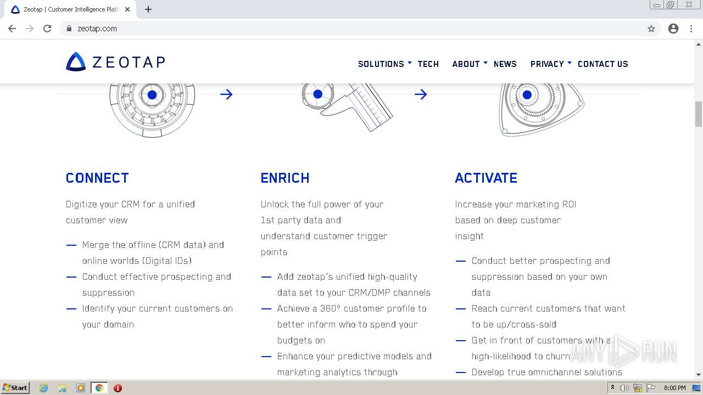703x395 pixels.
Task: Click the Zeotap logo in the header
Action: tap(115, 62)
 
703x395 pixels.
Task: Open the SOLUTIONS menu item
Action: tap(381, 64)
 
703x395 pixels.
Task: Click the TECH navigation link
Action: tap(428, 64)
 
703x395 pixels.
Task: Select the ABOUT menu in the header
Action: tap(466, 64)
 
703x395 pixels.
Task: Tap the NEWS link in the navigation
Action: tap(505, 64)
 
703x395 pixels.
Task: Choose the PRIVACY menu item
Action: tap(547, 64)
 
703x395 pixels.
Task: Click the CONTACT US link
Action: tap(602, 64)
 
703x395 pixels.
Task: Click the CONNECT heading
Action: tap(97, 178)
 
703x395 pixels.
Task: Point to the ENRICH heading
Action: tap(285, 178)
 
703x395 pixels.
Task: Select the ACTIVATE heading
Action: tap(486, 178)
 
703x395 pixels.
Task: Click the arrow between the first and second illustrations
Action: tap(226, 94)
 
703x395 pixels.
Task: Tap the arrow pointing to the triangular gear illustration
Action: tap(421, 94)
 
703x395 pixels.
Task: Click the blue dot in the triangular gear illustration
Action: tap(527, 95)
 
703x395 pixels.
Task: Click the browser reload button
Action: tap(47, 29)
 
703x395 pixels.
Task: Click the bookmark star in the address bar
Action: tap(651, 29)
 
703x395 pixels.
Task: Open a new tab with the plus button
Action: tap(148, 9)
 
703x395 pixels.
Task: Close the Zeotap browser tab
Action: tap(127, 9)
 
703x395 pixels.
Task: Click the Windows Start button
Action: tap(15, 388)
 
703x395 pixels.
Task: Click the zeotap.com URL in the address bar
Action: tap(97, 29)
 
